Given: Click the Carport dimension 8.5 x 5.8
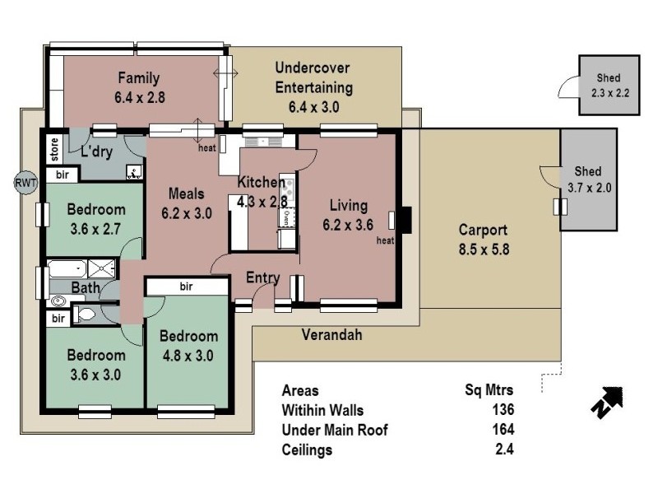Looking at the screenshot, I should click(484, 249).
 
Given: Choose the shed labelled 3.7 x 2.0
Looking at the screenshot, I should click(587, 179).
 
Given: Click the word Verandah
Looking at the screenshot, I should click(331, 335).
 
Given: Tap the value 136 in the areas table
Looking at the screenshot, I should click(503, 410).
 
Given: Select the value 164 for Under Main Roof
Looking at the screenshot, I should click(503, 430).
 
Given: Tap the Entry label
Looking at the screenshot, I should click(263, 278).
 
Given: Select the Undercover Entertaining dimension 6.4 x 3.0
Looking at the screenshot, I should click(314, 107).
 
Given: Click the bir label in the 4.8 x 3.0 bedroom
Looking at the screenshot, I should click(186, 287).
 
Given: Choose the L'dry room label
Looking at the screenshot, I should click(96, 152).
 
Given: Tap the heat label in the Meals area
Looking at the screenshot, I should click(206, 149).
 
